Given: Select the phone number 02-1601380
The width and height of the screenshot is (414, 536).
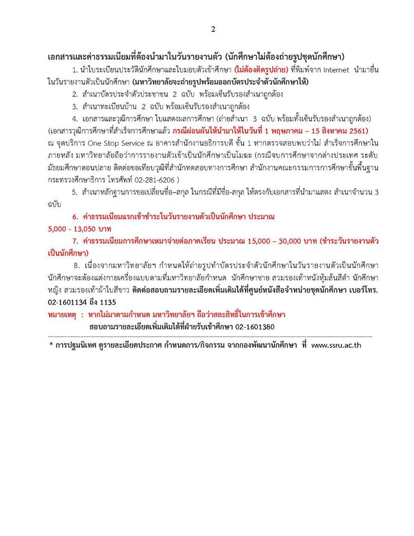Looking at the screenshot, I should coord(256,327).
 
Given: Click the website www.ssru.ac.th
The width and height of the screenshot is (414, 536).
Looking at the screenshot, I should coord(339,346).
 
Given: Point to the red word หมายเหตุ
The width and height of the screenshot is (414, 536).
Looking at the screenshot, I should coord(61,314).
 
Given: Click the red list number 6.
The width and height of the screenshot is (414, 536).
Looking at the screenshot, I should coord(74,217).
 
